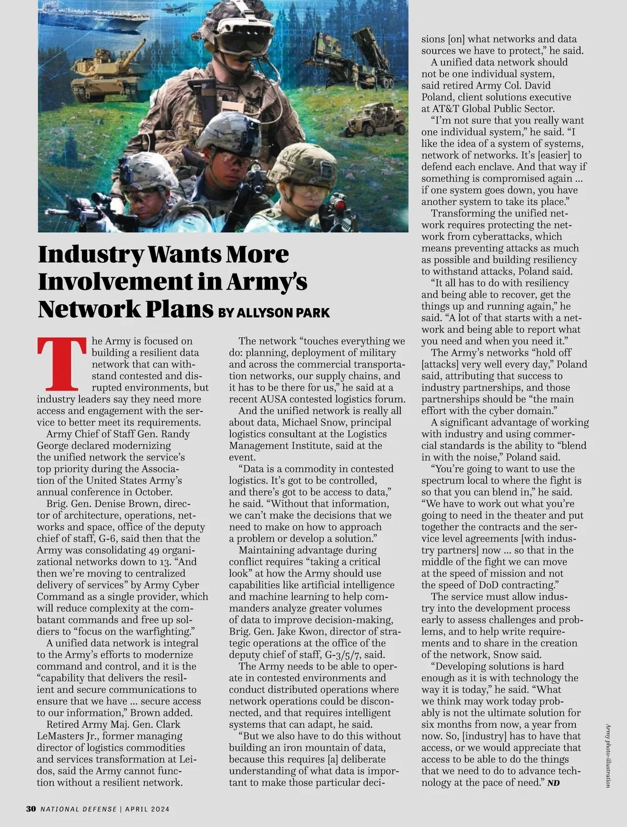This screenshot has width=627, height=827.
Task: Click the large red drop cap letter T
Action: coord(62,364)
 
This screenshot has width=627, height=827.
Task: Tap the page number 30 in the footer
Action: coord(31,809)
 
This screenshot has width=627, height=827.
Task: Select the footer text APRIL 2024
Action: coord(147,809)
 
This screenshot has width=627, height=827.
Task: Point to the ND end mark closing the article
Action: coord(553,783)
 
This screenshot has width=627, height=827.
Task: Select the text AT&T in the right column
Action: coord(445,109)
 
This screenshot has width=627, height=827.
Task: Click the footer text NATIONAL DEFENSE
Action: coord(79,809)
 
